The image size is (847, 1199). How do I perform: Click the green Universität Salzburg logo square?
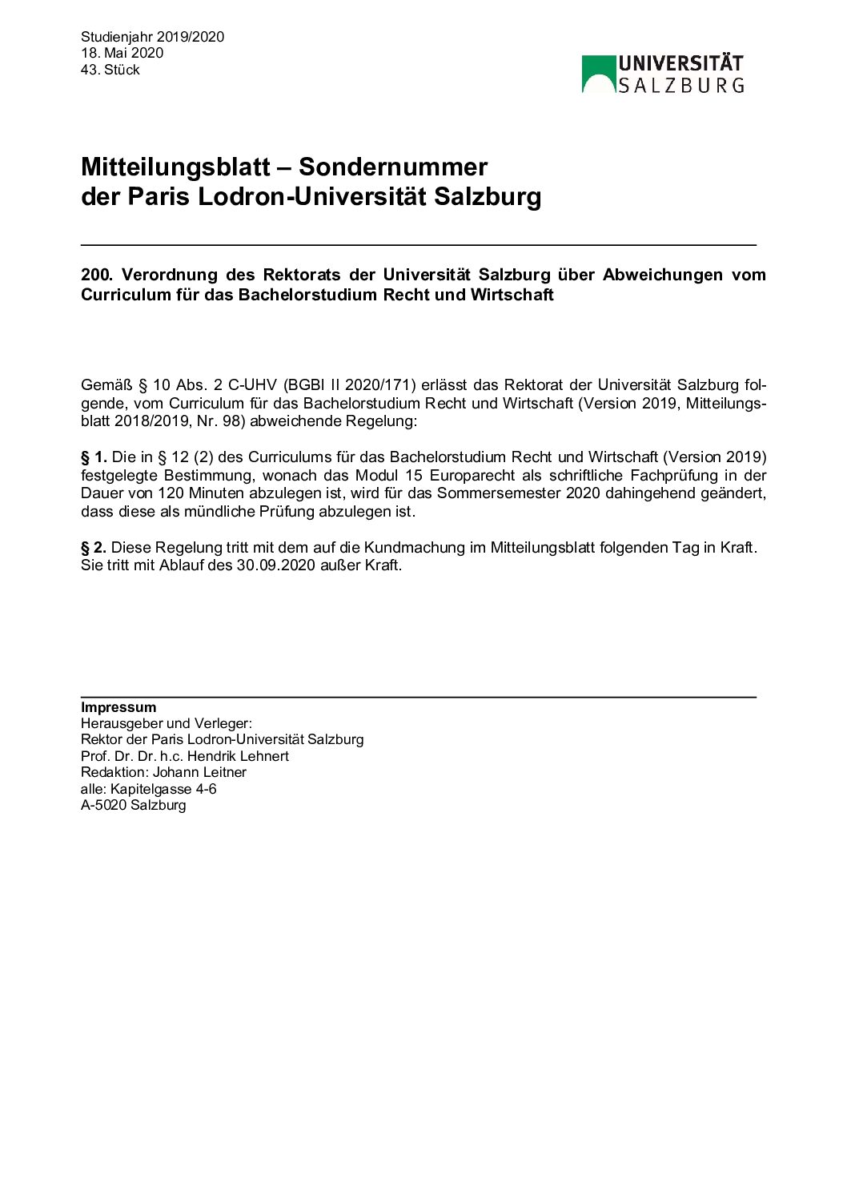(598, 74)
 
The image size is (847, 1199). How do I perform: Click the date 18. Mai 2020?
(122, 53)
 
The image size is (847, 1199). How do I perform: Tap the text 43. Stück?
(110, 70)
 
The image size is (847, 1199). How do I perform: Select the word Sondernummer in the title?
(392, 167)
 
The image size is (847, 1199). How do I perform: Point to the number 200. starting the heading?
(97, 275)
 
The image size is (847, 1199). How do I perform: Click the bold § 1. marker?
(94, 457)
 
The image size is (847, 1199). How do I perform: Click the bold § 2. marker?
(94, 548)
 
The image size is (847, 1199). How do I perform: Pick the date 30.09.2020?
(273, 565)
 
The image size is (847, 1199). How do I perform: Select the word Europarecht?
(472, 475)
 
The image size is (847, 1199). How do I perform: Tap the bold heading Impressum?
(118, 707)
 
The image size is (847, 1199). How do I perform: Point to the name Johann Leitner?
(199, 772)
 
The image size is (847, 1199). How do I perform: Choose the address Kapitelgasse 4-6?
(163, 789)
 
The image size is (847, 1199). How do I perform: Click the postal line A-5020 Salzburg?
(133, 805)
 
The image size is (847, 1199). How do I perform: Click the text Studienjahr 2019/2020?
(152, 37)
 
